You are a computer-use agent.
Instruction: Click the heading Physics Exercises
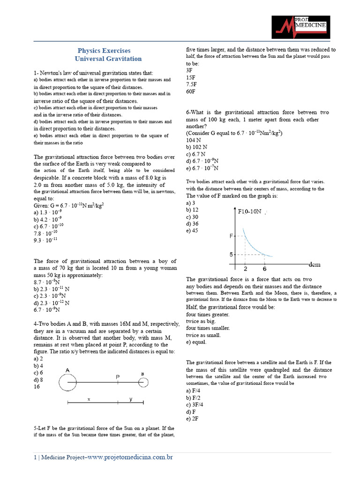(x=104, y=51)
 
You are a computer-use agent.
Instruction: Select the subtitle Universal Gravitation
(x=108, y=59)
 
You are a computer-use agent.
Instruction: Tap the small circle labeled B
(x=143, y=383)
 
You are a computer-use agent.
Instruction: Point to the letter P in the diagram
(x=118, y=376)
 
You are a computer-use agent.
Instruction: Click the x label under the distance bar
(x=89, y=399)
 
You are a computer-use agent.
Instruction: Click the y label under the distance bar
(x=131, y=399)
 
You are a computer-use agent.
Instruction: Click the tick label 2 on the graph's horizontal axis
(x=245, y=269)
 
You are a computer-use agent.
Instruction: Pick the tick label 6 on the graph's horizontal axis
(x=264, y=269)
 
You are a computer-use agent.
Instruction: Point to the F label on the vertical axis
(x=231, y=236)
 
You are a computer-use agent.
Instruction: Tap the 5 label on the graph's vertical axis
(x=231, y=255)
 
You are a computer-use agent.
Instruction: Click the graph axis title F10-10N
(x=250, y=211)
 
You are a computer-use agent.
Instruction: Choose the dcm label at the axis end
(x=315, y=264)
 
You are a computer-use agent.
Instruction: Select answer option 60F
(x=191, y=91)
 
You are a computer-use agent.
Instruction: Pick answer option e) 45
(x=192, y=230)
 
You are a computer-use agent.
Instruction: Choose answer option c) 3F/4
(x=195, y=405)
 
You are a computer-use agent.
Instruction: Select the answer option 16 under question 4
(x=37, y=387)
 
